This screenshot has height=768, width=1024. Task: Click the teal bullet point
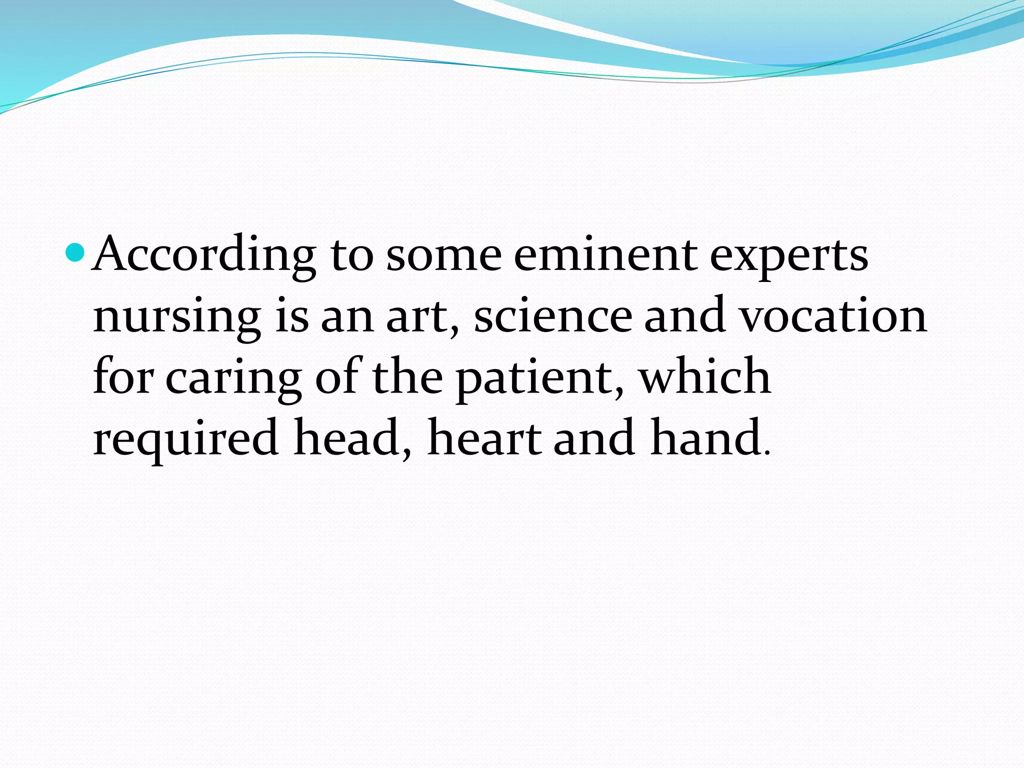pyautogui.click(x=76, y=253)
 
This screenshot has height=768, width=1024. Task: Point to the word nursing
pyautogui.click(x=176, y=318)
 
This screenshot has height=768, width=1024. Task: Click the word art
pyautogui.click(x=421, y=317)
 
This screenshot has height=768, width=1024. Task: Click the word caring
pyautogui.click(x=233, y=379)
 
